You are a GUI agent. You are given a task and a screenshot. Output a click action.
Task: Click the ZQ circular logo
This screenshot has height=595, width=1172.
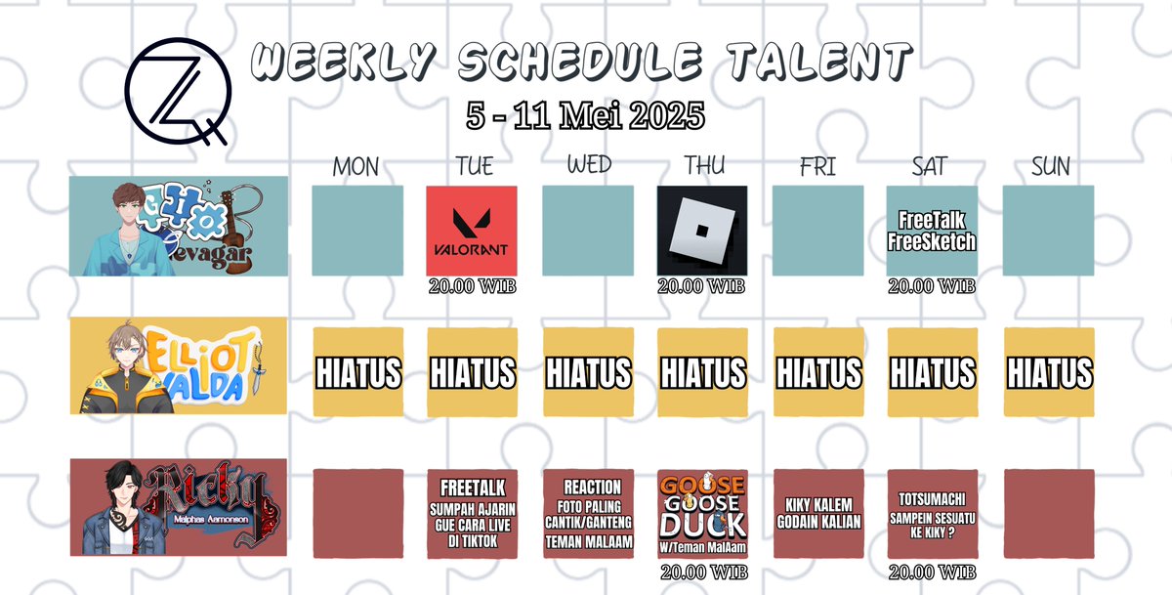[x=176, y=90]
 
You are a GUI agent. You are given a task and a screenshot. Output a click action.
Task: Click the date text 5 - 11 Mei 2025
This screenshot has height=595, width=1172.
[x=585, y=115]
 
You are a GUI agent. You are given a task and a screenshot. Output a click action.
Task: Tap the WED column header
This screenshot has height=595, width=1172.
[x=588, y=165]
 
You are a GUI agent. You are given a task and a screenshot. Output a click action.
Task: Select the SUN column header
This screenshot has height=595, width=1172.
[x=1050, y=166]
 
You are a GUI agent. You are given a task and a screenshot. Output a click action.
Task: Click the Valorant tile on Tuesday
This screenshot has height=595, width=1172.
[x=472, y=231]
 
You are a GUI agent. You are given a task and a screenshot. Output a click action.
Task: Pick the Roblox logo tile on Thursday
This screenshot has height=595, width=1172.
[x=702, y=231]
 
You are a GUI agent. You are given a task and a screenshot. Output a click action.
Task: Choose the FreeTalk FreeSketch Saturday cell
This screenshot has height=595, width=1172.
[x=932, y=231]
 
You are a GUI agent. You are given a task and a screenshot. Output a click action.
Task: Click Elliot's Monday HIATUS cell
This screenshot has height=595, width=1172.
[x=357, y=372]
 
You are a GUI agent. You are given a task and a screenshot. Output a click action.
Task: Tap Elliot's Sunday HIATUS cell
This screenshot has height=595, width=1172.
[x=1050, y=372]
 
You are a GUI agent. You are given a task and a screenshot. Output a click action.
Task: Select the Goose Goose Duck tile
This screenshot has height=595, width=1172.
[x=702, y=514]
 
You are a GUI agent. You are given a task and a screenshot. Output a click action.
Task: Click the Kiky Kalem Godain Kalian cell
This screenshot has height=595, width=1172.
[x=817, y=512]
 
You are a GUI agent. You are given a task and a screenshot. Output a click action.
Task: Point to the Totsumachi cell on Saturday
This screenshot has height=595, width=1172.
[x=932, y=514]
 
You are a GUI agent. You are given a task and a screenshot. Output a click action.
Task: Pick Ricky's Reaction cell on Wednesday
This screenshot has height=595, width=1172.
[x=588, y=514]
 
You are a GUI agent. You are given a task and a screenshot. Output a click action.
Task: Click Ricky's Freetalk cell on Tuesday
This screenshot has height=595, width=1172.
[x=472, y=514]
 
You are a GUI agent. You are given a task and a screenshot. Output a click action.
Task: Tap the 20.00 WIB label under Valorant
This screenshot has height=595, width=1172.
[x=472, y=286]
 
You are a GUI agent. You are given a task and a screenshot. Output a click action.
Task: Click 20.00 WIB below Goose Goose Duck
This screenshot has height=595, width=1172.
[x=702, y=572]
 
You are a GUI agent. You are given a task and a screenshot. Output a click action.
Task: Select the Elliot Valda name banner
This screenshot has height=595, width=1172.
[x=179, y=365]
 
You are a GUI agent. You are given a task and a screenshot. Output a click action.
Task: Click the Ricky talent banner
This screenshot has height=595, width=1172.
[x=179, y=507]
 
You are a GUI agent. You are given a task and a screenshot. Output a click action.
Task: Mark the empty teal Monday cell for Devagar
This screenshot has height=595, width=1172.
[x=357, y=231]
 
